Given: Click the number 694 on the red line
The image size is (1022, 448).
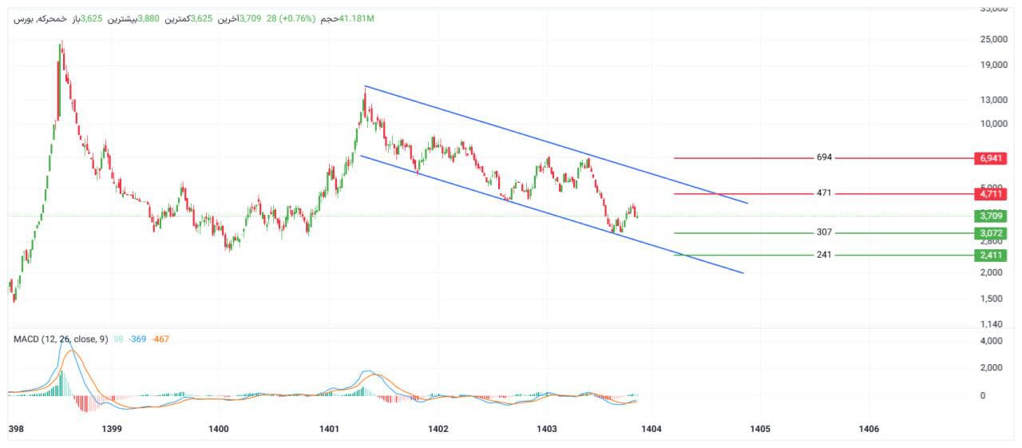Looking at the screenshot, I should click(x=824, y=157).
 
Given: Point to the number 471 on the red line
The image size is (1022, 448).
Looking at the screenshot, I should click(x=824, y=193).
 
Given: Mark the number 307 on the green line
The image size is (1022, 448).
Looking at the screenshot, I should click(x=824, y=232).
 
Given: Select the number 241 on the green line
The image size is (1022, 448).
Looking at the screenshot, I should click(x=824, y=255).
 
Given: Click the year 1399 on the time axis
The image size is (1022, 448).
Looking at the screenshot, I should click(x=112, y=430).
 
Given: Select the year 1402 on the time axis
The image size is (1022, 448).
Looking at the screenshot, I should click(x=438, y=430).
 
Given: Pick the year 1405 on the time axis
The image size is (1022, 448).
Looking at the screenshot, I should click(x=760, y=430).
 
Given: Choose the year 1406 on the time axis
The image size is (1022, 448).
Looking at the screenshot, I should click(x=869, y=430).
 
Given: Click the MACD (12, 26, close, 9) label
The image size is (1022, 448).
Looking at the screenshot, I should click(x=61, y=339).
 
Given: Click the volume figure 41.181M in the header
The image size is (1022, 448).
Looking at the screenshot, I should click(x=357, y=18).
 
